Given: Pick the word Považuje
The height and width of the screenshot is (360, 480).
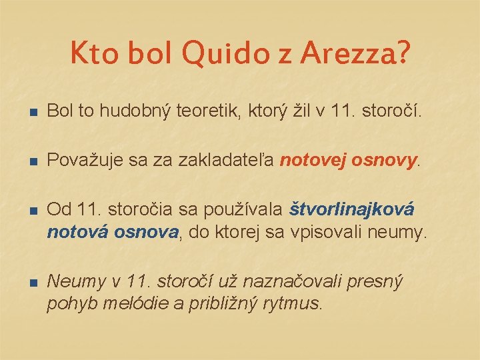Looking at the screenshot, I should pyautogui.click(x=83, y=160).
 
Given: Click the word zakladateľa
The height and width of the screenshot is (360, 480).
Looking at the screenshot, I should pyautogui.click(x=227, y=160).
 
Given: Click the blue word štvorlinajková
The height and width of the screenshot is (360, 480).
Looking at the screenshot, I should pyautogui.click(x=352, y=209).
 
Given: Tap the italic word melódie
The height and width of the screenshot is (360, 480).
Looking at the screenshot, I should pyautogui.click(x=122, y=304).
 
